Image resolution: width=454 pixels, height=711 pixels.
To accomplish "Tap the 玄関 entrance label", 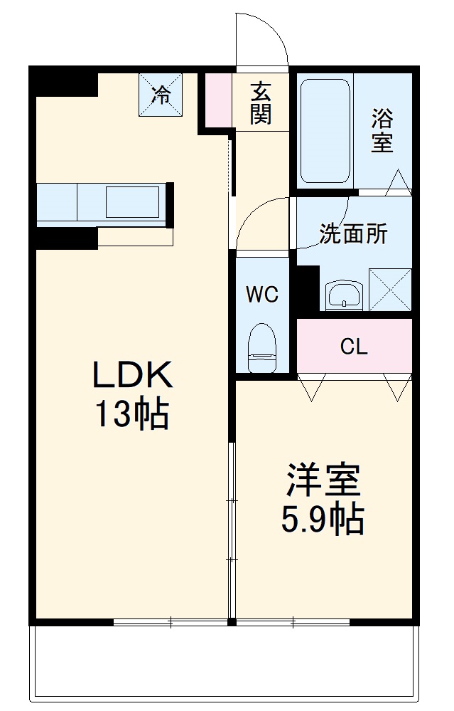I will pos(261,103).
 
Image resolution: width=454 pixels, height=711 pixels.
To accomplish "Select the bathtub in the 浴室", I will pos(325,132).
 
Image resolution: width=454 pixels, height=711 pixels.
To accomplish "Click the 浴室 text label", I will pos(382,130).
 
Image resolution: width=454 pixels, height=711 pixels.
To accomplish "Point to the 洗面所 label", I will pos(353,234).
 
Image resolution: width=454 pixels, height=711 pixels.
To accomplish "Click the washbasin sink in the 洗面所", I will pos(344,295).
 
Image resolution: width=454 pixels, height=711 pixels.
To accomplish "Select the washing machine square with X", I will pos(390,289).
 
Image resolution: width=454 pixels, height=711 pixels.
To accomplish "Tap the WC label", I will pos(262,295).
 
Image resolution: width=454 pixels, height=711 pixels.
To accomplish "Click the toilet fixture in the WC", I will pos(262,347).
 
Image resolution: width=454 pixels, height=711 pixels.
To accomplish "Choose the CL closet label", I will pos(354,347).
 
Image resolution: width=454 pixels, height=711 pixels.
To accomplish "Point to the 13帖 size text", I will pos(131,414).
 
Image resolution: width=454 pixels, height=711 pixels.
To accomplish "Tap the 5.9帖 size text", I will pos(324,520).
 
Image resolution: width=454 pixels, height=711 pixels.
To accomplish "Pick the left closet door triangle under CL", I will pos(310,387).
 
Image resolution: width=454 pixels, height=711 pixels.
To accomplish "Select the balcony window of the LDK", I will pos(171,622).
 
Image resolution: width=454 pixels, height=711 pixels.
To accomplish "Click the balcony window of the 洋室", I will pos(293,622).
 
